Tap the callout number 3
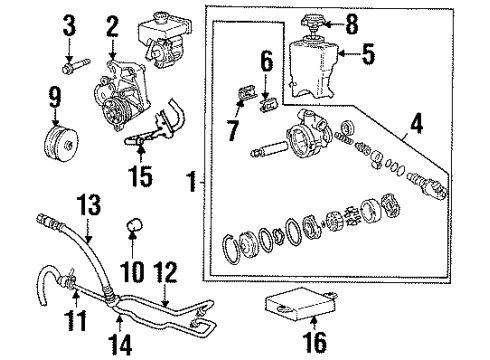(70, 23)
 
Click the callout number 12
(171, 269)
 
